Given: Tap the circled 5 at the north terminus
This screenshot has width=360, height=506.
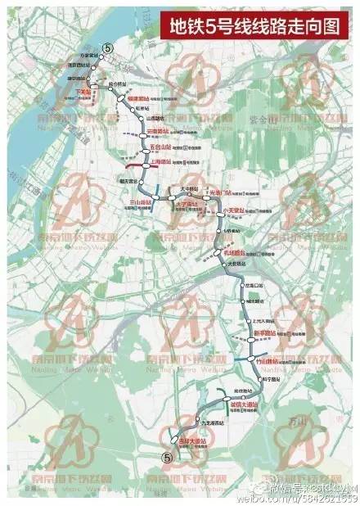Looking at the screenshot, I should (x=104, y=49).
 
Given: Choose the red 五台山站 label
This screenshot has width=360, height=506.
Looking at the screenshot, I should (x=160, y=148).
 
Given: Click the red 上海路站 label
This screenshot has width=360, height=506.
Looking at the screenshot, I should (x=160, y=162).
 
